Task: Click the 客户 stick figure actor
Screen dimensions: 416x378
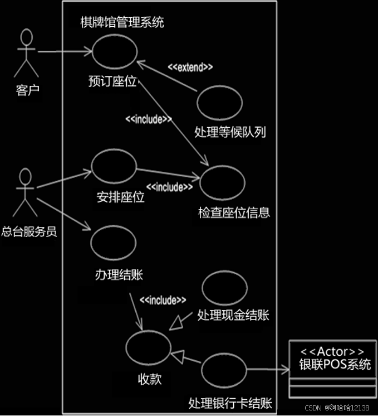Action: (26, 53)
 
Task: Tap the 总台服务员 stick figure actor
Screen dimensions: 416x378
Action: (26, 192)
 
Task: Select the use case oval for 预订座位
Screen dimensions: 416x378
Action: (114, 51)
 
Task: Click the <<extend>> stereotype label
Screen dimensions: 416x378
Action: (190, 67)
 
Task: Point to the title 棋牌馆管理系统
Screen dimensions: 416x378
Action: (122, 23)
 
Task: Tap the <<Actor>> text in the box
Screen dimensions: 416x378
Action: (332, 352)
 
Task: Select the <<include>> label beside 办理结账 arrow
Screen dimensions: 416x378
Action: (163, 301)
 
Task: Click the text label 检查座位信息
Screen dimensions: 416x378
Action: (234, 212)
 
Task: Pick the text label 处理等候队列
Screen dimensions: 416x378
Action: (230, 132)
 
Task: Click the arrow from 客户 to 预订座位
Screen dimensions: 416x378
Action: (64, 52)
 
